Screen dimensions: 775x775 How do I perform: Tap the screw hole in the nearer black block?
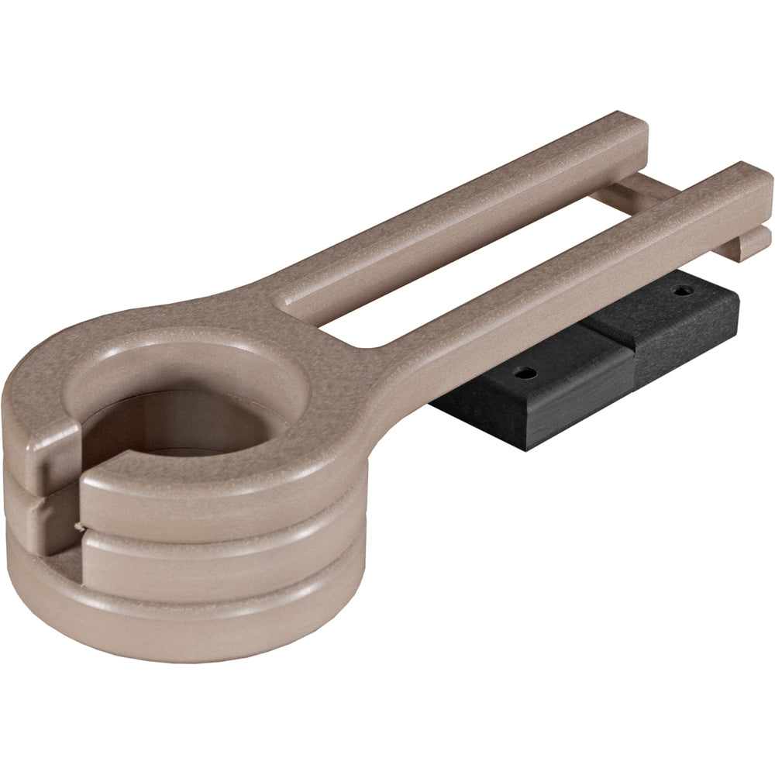pyautogui.click(x=525, y=372)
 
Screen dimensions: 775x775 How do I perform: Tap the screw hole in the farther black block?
pyautogui.click(x=681, y=292)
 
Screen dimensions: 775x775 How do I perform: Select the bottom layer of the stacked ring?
pyautogui.click(x=194, y=612)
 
